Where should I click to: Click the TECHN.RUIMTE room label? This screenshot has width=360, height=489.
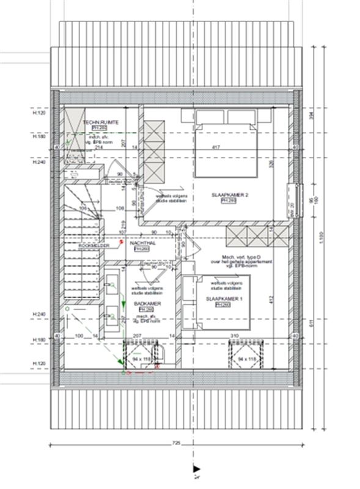(x=101, y=122)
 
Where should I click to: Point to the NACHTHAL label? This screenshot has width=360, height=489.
(x=141, y=243)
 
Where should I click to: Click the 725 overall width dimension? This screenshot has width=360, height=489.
(x=177, y=441)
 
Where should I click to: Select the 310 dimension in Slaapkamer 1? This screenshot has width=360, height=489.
(x=235, y=336)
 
